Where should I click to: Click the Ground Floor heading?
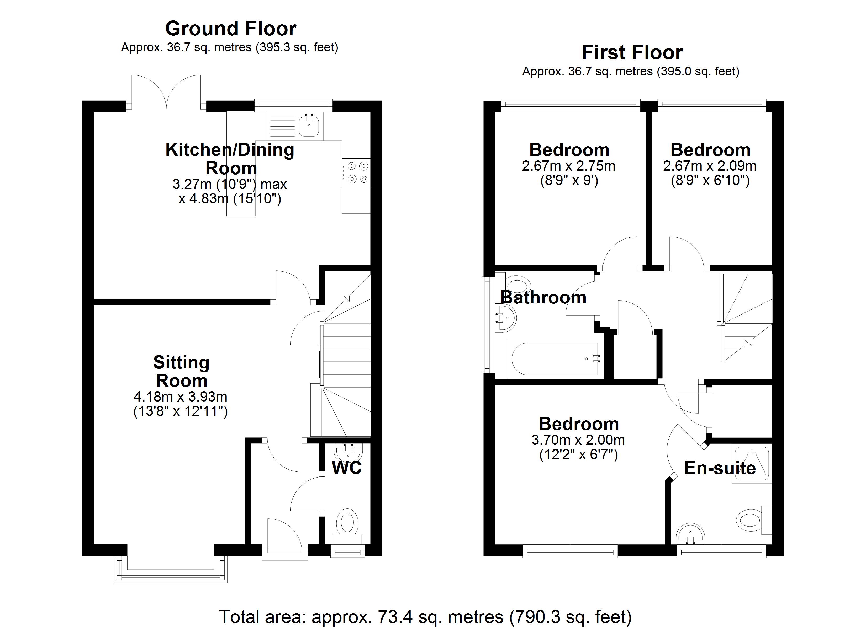click(x=231, y=29)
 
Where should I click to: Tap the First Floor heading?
click(x=632, y=53)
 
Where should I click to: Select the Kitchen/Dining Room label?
click(x=230, y=159)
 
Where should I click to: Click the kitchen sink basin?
click(x=309, y=126)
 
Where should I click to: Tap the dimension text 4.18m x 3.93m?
click(x=181, y=397)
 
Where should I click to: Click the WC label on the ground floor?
click(x=347, y=468)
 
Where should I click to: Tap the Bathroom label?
click(x=543, y=297)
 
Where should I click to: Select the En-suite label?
click(x=720, y=468)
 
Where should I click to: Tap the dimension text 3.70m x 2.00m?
click(x=578, y=440)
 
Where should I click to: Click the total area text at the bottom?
click(x=425, y=617)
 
